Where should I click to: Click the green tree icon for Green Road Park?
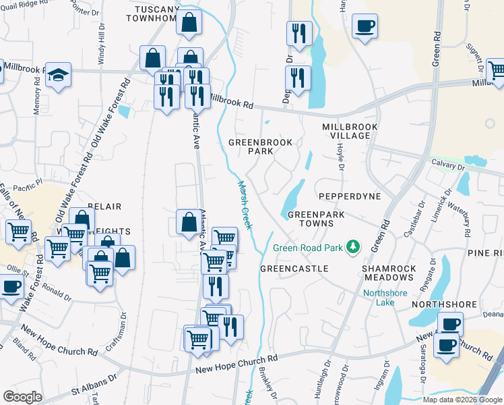pos(352,248)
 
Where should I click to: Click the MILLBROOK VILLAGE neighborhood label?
pos(346,131)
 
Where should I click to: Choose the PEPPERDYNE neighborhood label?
pos(350,196)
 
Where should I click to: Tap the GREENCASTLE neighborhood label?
pos(294,269)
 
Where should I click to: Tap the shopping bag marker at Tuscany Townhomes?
pos(191,22)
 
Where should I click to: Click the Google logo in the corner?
pos(22,397)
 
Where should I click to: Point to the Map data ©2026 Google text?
pos(462,400)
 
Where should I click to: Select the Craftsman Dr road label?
pos(123,324)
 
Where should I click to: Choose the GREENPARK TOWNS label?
pos(311,218)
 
